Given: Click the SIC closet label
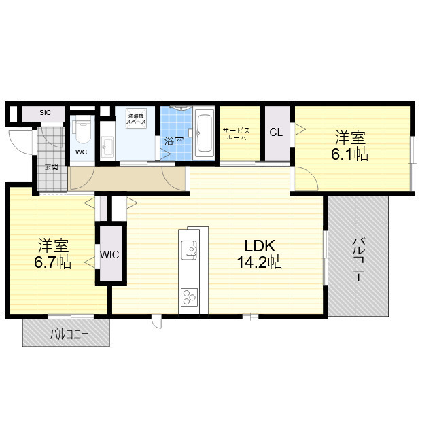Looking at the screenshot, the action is click(x=45, y=113).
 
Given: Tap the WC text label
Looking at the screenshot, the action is click(x=81, y=152).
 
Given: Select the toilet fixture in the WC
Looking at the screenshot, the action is click(x=82, y=131).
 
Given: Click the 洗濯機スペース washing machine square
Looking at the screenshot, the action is click(x=136, y=118).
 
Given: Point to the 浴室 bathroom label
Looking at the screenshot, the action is click(x=174, y=141).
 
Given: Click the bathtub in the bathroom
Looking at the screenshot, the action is click(x=204, y=135).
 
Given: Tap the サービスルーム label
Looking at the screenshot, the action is click(x=236, y=134).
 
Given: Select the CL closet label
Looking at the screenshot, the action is click(x=276, y=133).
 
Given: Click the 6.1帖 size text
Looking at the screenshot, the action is click(x=350, y=154).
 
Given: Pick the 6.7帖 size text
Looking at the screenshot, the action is click(x=53, y=262).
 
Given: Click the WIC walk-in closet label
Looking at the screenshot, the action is click(x=109, y=255).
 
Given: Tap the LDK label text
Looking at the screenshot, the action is click(x=260, y=245).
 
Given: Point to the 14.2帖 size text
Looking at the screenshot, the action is click(x=260, y=262).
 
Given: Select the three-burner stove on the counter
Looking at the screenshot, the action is click(x=189, y=298).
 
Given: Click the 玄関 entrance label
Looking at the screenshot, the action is click(x=52, y=167).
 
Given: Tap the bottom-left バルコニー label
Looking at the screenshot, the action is click(x=69, y=335).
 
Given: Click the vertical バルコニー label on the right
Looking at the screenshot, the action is click(x=358, y=260).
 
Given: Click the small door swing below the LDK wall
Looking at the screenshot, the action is click(x=156, y=321).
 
